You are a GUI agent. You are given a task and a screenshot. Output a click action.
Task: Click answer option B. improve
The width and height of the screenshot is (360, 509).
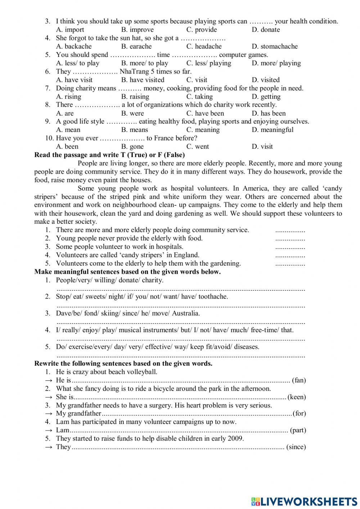pos(137,30)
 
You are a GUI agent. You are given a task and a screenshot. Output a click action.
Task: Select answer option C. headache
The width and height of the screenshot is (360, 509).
pos(204,46)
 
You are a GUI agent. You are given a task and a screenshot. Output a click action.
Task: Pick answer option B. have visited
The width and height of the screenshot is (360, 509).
pos(143,80)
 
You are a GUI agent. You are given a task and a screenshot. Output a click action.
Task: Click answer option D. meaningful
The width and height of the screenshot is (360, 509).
pos(273,130)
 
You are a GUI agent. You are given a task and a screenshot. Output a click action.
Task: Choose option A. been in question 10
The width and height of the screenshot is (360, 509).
pos(67,147)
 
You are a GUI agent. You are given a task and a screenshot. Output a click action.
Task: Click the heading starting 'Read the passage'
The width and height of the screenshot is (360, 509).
pos(109,155)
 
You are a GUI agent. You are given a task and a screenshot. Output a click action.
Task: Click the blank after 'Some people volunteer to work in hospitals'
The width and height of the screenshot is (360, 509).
pos(290,247)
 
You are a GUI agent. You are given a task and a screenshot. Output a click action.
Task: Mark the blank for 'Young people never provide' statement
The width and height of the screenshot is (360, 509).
pos(290,239)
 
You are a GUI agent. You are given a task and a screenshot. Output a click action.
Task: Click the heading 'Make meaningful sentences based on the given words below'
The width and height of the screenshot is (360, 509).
pos(127,272)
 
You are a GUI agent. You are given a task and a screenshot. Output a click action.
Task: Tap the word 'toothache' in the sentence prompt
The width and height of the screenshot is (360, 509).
pos(213,297)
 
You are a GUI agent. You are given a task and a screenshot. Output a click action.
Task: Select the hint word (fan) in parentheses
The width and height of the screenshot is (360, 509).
pos(299,380)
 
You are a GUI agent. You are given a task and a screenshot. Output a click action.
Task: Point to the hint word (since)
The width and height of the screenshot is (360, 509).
pos(296,447)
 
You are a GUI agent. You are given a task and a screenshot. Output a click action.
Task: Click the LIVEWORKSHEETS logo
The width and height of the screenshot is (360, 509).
pos(304,501)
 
